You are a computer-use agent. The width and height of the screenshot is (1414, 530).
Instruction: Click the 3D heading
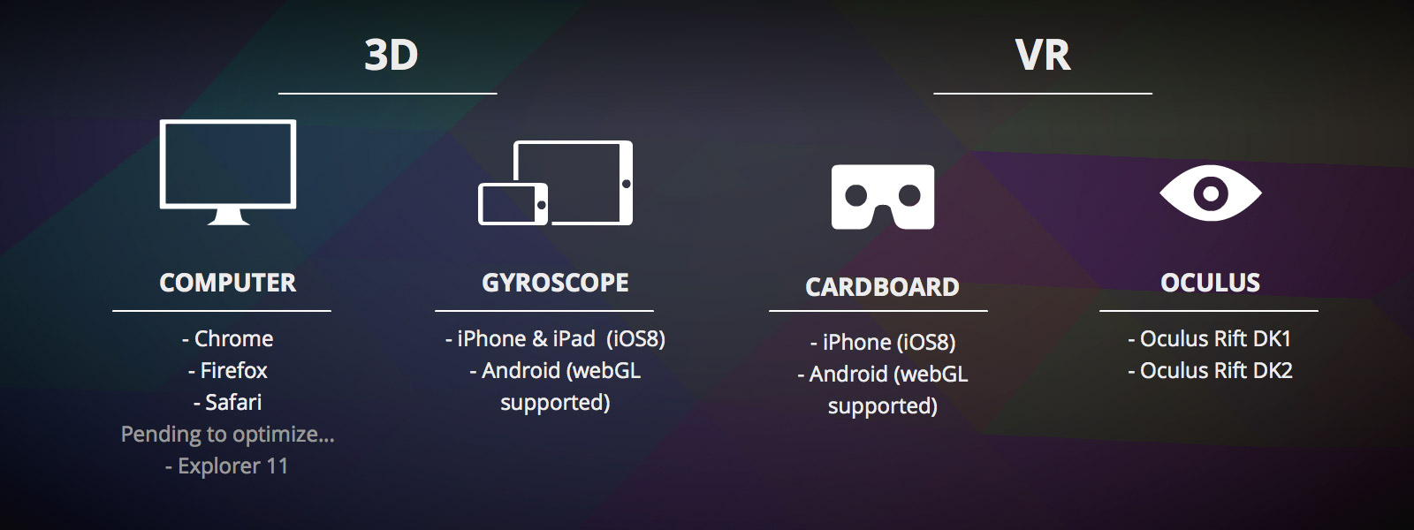click(x=392, y=55)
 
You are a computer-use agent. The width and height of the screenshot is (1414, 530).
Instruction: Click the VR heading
click(x=1043, y=55)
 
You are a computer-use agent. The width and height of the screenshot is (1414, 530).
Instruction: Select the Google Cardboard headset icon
click(x=883, y=196)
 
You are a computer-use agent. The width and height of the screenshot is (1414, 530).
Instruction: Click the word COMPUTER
click(x=228, y=283)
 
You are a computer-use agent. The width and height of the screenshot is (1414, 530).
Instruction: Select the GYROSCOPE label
click(x=556, y=283)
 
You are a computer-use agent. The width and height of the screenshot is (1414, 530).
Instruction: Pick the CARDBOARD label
click(x=883, y=287)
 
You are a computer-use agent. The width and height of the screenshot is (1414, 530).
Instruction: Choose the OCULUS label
click(x=1210, y=283)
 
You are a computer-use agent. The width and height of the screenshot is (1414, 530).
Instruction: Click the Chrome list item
click(x=228, y=339)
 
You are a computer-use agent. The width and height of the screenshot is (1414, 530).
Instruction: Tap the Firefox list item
click(x=228, y=370)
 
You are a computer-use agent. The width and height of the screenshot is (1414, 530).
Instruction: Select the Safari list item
click(x=228, y=403)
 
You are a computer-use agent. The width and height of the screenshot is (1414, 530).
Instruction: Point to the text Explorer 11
click(x=227, y=466)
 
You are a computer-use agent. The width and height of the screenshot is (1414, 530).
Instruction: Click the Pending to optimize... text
click(x=228, y=435)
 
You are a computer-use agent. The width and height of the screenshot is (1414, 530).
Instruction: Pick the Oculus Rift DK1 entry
click(x=1210, y=339)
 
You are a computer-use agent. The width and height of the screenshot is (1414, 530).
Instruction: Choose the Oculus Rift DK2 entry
click(x=1210, y=370)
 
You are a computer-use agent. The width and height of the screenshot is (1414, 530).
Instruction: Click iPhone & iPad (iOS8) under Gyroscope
click(x=556, y=339)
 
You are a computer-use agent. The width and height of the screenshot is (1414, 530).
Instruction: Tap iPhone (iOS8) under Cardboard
click(x=883, y=343)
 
